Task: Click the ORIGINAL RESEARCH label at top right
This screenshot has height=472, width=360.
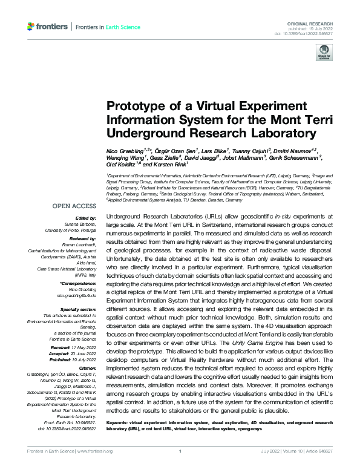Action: pos(319,22)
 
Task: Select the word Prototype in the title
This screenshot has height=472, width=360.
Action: pos(135,105)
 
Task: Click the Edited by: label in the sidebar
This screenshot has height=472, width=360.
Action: pos(86,218)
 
